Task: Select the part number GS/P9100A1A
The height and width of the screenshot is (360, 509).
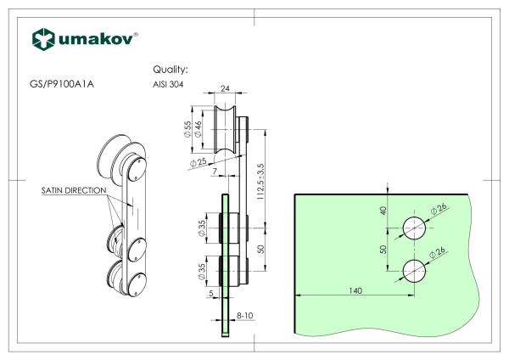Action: point(61,85)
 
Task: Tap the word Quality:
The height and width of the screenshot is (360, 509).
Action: point(170,70)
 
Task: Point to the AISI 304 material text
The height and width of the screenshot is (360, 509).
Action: point(167,85)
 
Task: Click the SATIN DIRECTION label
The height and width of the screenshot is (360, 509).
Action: point(74,193)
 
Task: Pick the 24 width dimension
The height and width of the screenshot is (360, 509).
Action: point(226,87)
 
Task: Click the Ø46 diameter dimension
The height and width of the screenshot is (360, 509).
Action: point(199,129)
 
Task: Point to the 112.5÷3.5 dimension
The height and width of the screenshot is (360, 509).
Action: point(262,177)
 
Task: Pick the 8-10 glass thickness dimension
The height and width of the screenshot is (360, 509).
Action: point(246,316)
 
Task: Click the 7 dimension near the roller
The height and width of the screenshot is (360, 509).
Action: point(216,172)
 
